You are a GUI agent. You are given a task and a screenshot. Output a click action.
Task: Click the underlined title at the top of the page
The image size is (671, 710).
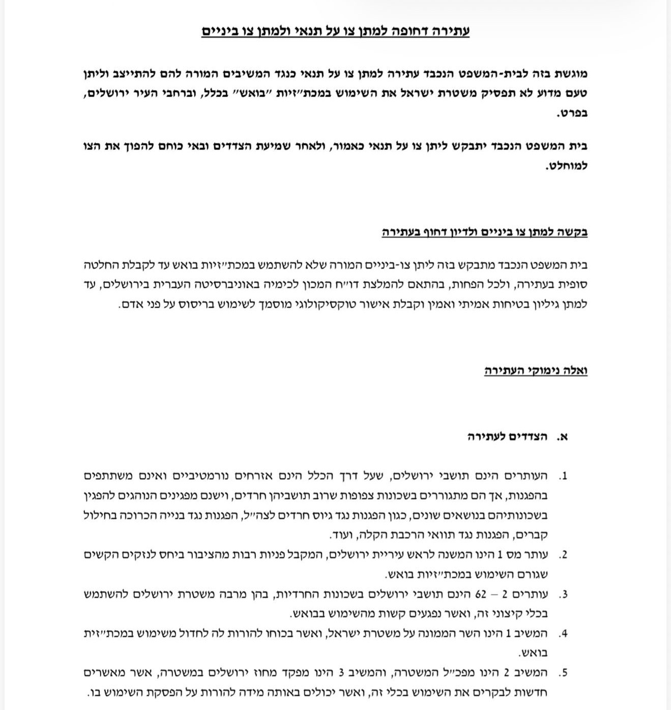tap(335, 31)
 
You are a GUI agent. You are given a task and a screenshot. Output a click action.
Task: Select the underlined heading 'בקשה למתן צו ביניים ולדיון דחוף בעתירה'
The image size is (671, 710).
tap(484, 232)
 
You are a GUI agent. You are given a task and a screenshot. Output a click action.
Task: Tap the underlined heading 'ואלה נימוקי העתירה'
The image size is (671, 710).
tap(536, 371)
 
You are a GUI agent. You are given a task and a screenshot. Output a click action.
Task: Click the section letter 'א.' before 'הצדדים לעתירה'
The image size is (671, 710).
tap(562, 437)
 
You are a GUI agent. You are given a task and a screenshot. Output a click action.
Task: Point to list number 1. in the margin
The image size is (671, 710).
tap(563, 477)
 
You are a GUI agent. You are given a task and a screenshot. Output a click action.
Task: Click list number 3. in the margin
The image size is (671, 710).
tap(563, 595)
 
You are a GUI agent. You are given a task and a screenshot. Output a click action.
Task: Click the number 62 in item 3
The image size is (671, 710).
tap(481, 595)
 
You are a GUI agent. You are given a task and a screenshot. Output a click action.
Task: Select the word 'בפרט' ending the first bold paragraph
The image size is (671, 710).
tap(572, 113)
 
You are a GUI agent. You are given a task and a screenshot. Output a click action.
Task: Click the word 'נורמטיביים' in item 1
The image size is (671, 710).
tap(209, 477)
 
